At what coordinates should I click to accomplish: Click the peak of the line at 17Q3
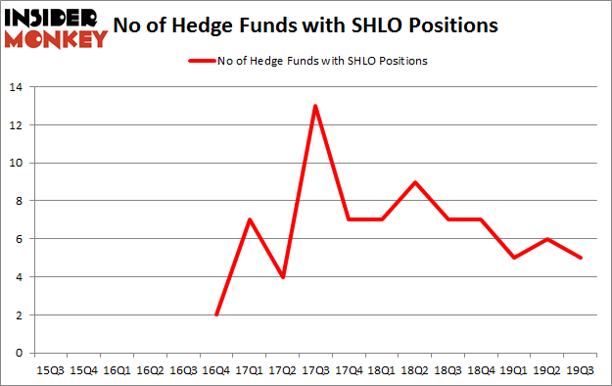(x=315, y=106)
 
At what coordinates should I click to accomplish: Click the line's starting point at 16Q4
(x=215, y=314)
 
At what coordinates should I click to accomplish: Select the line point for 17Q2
(x=282, y=277)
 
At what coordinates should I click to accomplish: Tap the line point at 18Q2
(x=416, y=182)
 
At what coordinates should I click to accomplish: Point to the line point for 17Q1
(x=249, y=219)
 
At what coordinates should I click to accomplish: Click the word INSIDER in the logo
(x=54, y=18)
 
